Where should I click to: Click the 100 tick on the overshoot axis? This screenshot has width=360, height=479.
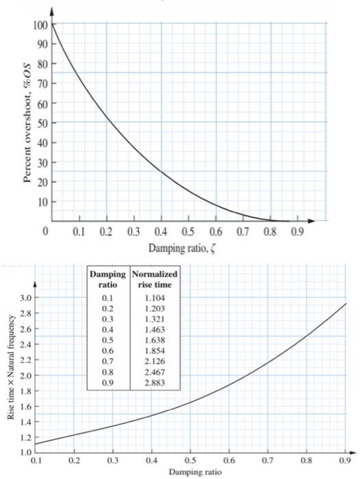38,25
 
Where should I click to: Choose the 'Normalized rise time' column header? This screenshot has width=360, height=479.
154,279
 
